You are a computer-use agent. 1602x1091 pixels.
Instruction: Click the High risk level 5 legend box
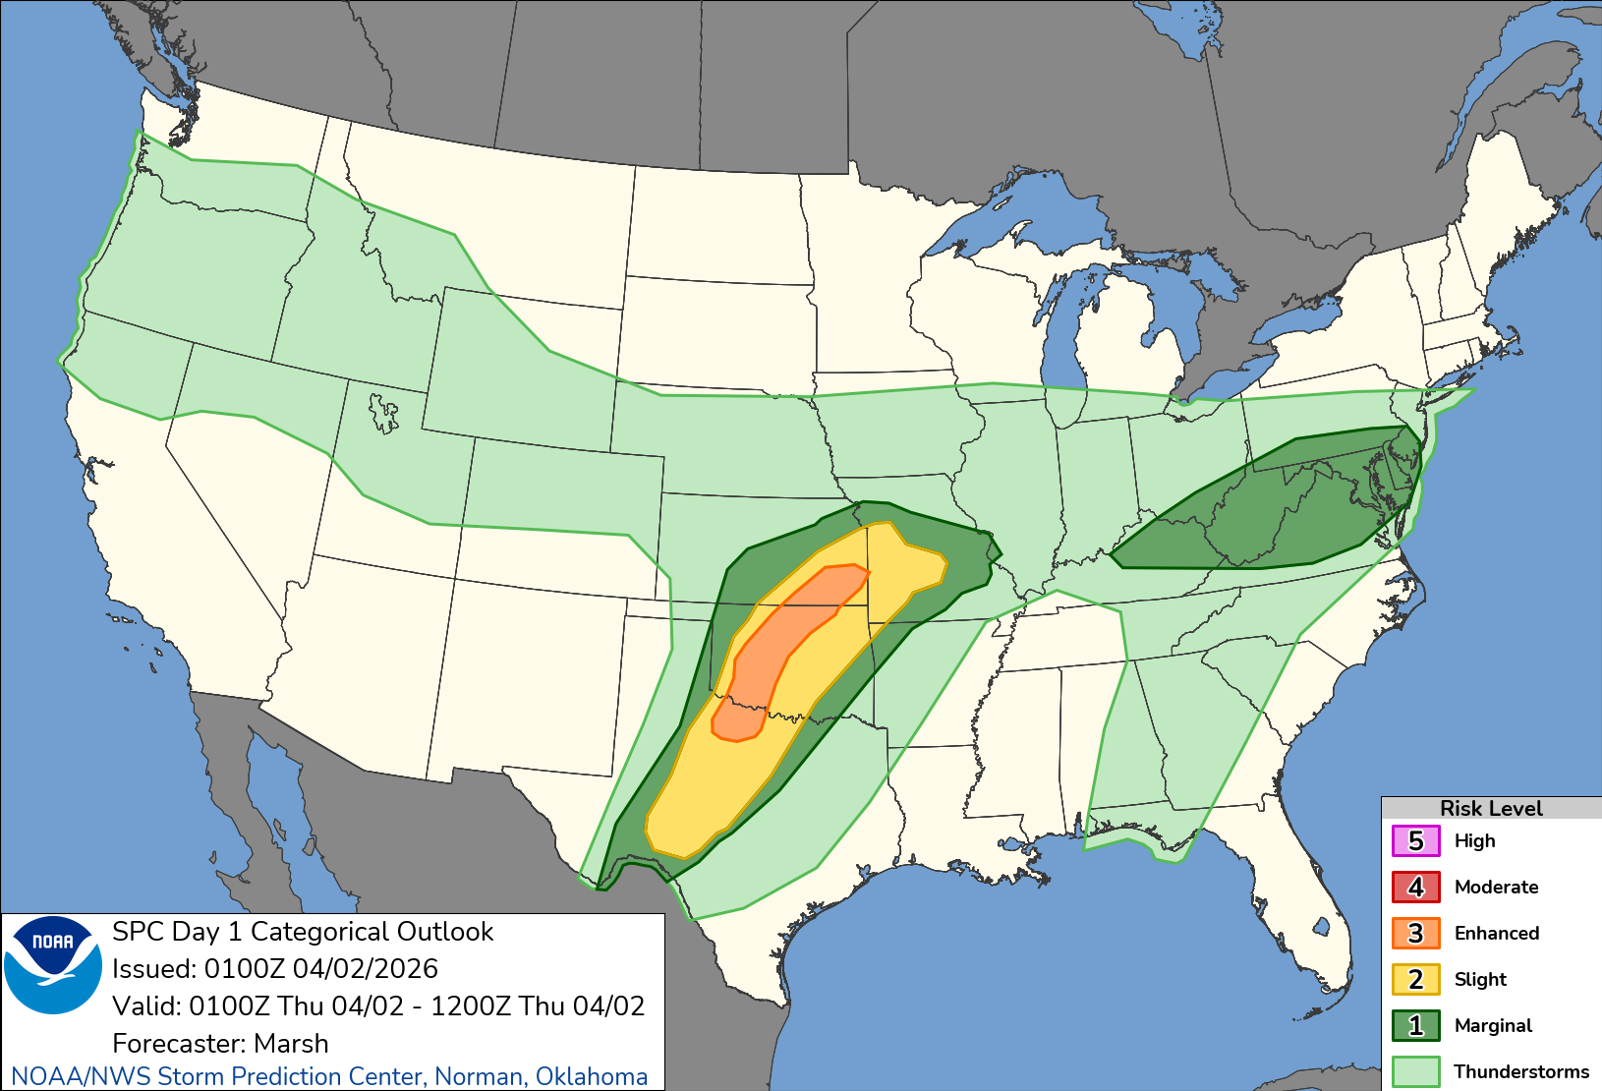coord(1415,841)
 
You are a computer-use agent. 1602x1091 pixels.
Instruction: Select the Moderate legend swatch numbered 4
coord(1415,887)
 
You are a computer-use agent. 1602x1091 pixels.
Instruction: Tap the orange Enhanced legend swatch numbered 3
coord(1415,933)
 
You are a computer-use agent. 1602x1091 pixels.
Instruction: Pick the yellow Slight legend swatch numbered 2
coord(1415,979)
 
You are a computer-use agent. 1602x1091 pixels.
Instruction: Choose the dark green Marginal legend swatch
coord(1415,1025)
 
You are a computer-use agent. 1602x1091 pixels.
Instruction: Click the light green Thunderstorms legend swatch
coord(1415,1071)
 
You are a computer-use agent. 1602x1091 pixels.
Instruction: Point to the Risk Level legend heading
coord(1491,808)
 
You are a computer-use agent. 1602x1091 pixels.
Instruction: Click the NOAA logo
coord(53,964)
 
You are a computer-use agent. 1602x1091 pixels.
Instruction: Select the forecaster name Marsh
coord(291,1043)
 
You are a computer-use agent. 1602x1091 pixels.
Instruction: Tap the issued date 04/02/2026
coord(365,968)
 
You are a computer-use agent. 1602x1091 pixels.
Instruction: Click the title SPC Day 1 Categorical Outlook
coord(303,931)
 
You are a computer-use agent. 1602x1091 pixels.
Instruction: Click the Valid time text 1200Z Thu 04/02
coord(538,1005)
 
